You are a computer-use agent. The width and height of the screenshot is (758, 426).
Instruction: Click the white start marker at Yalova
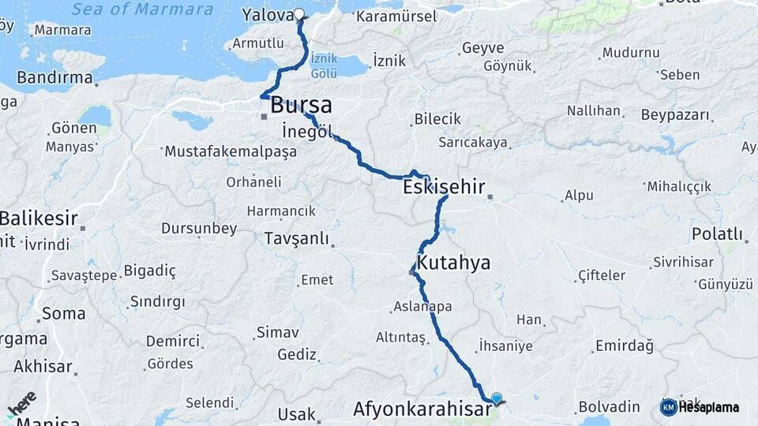click(299, 13)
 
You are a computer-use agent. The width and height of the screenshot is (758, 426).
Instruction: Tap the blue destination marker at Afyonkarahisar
click(496, 399)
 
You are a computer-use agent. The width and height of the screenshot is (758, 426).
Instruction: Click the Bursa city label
click(301, 106)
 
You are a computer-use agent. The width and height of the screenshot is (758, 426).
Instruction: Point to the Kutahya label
click(454, 263)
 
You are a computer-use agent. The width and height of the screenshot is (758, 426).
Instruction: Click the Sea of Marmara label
click(142, 10)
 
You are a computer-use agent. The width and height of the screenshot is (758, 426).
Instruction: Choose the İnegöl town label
click(307, 131)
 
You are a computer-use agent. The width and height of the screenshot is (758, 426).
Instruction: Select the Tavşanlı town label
click(296, 238)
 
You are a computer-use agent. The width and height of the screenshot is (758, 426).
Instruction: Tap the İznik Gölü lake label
click(324, 65)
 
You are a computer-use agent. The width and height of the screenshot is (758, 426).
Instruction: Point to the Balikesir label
click(39, 217)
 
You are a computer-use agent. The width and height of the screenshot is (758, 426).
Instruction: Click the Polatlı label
click(718, 234)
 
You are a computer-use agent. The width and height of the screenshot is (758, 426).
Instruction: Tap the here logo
click(21, 404)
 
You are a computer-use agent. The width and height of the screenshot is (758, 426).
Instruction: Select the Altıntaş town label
click(400, 337)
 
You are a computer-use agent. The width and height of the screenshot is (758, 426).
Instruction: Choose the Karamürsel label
click(396, 17)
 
